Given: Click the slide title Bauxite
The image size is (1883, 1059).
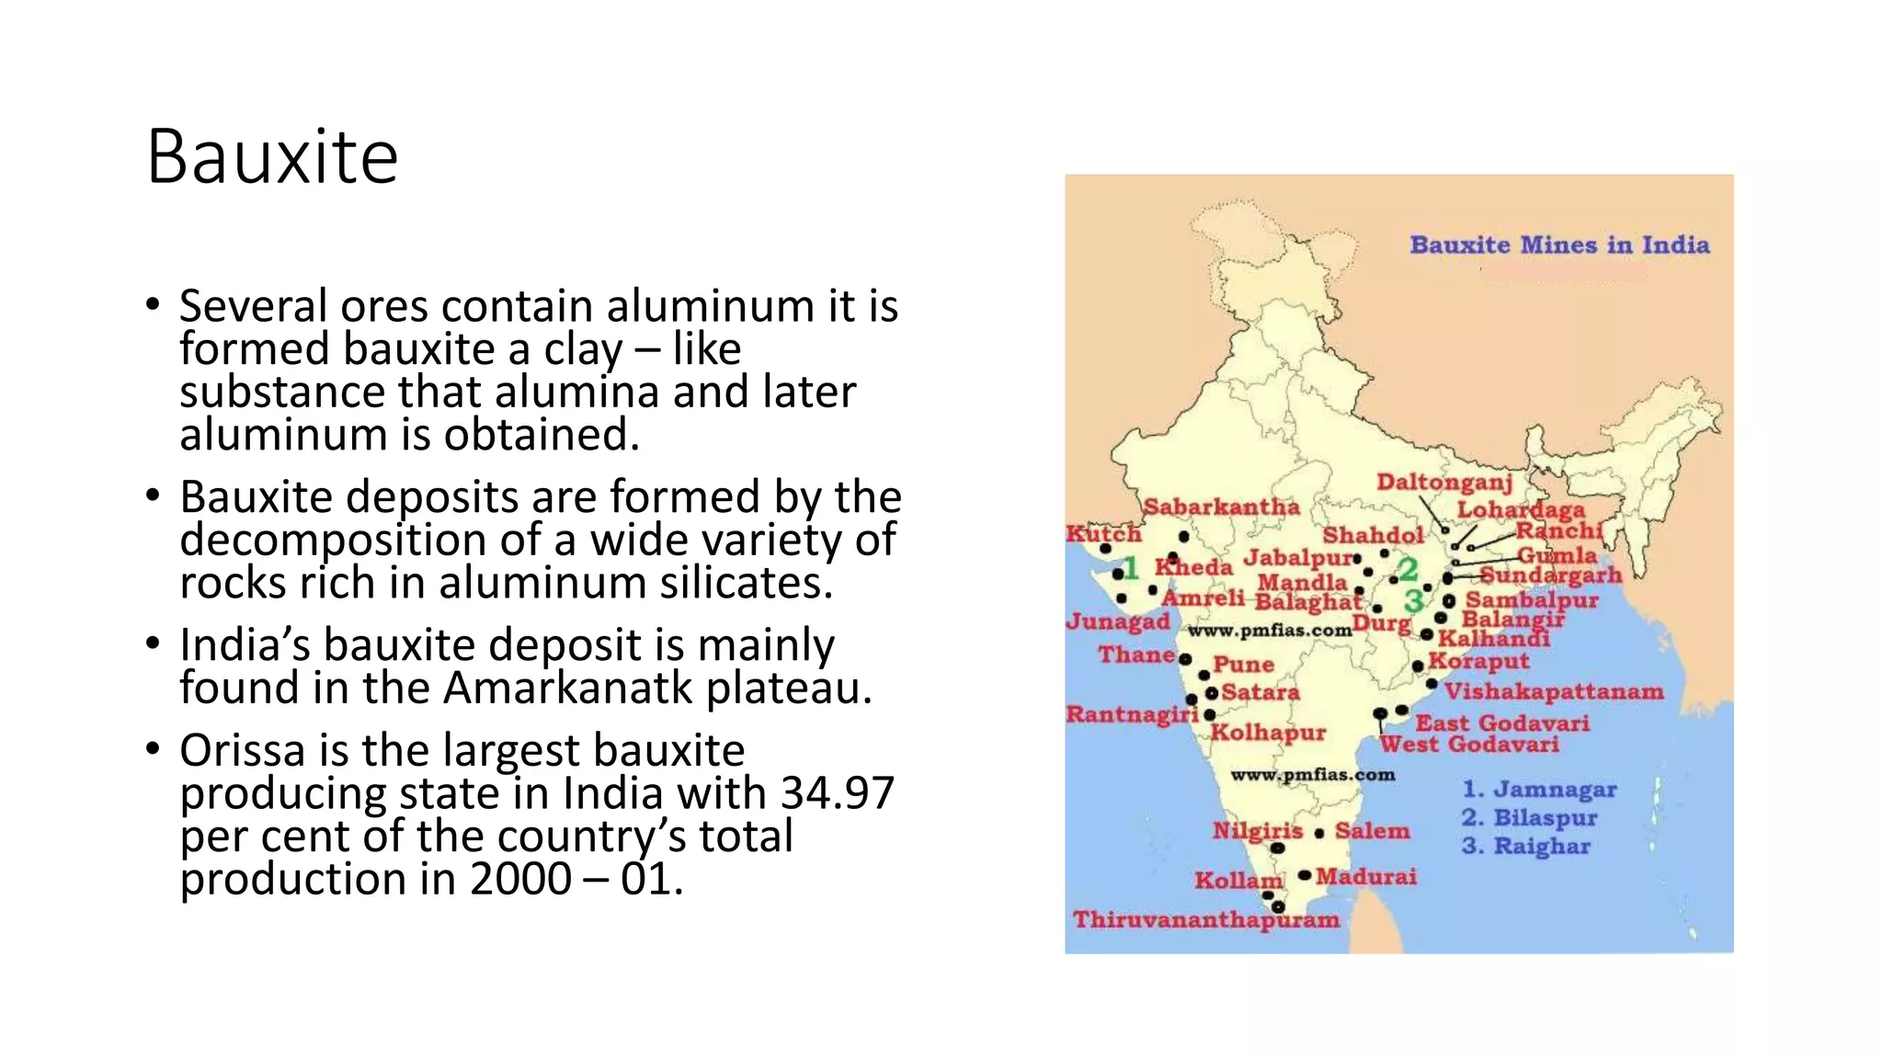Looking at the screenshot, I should pos(272,157).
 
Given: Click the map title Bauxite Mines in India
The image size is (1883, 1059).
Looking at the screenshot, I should pos(1559,245).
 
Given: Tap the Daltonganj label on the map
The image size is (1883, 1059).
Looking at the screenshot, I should pos(1444,483).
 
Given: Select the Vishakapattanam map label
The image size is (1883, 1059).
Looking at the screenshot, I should pos(1554,691).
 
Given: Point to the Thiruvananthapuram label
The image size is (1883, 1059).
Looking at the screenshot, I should pos(1206,920).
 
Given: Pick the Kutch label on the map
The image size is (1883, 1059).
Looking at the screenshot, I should pos(1103,534).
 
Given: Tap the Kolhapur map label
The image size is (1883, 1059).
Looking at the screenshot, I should pos(1268,733).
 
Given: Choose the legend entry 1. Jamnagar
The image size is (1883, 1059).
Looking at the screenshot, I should pos(1539,790).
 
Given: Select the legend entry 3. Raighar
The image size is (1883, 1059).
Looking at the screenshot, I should pos(1526,847).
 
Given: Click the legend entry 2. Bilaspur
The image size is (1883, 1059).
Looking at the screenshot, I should pos(1530,818).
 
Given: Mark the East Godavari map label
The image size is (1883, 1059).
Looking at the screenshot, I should pos(1502,723).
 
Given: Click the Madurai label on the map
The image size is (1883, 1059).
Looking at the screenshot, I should pos(1366,877).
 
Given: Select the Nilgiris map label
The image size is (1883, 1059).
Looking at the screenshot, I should pos(1257,831).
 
